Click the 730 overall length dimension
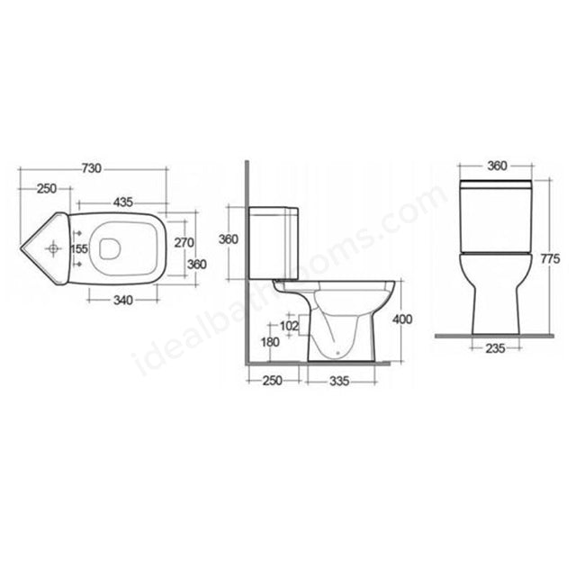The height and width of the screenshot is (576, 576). [91, 168]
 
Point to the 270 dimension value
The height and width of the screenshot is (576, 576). [184, 242]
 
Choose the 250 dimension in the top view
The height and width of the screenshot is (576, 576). [47, 188]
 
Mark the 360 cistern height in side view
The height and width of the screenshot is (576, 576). [229, 240]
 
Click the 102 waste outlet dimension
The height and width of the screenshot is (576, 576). [290, 326]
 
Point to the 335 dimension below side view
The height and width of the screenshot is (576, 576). [337, 380]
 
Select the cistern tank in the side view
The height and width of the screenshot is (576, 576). [275, 240]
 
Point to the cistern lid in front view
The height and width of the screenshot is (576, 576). [496, 186]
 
